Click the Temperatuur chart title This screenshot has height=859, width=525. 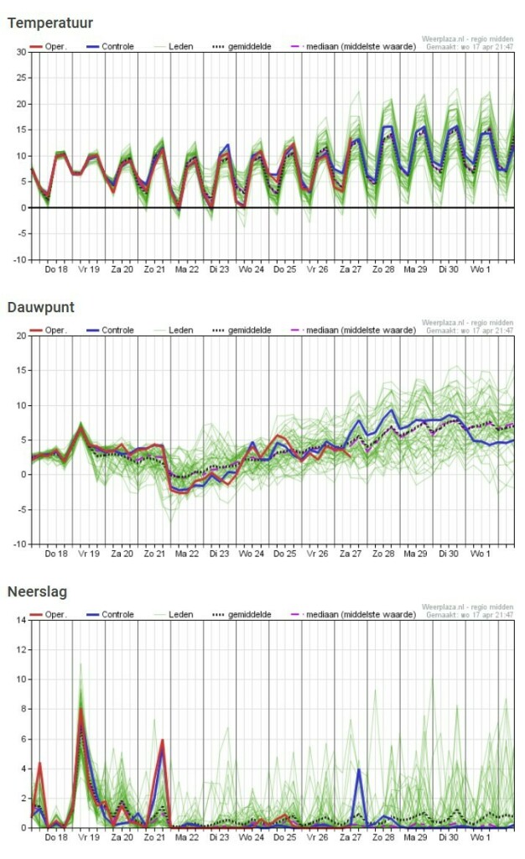[50, 23]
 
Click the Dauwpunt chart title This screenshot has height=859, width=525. [41, 307]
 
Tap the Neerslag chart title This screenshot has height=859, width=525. [37, 591]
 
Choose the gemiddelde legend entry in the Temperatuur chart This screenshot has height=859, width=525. [261, 46]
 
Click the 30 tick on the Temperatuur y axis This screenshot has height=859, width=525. [21, 52]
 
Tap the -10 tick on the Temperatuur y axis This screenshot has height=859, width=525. [18, 260]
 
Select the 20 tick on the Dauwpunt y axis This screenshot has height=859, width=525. [21, 336]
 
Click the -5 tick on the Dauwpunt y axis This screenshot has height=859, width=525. [21, 509]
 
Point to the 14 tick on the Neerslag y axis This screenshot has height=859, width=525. [21, 620]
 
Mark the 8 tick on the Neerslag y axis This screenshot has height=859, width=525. [23, 709]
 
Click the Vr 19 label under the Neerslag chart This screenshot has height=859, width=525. [89, 838]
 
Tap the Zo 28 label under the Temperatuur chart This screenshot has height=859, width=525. [383, 269]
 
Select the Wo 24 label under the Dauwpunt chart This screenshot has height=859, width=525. [252, 554]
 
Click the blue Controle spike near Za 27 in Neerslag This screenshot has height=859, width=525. [359, 769]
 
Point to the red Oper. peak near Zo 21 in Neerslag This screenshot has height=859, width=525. [162, 740]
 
